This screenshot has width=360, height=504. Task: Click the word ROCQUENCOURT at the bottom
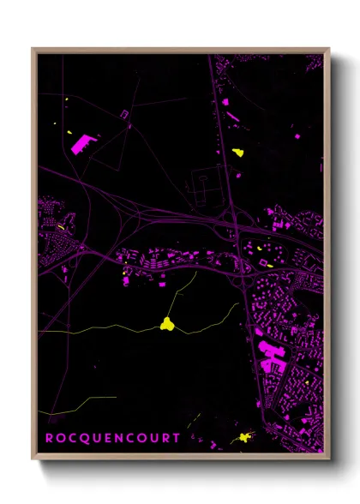click(x=112, y=438)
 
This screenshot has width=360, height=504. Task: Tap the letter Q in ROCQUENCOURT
click(x=81, y=438)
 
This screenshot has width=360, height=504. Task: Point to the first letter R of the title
click(x=49, y=438)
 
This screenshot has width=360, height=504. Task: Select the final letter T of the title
click(x=177, y=438)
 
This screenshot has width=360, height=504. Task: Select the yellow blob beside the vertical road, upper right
click(x=237, y=153)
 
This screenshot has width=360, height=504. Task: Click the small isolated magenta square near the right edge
click(x=297, y=136)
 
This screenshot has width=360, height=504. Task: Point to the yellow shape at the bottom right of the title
click(x=246, y=437)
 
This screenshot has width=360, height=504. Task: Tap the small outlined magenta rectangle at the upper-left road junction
click(x=124, y=113)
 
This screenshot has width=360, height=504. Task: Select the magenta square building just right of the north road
click(x=225, y=102)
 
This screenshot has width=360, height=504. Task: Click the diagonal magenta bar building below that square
click(x=231, y=115)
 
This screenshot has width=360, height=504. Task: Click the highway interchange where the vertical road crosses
click(x=234, y=225)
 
